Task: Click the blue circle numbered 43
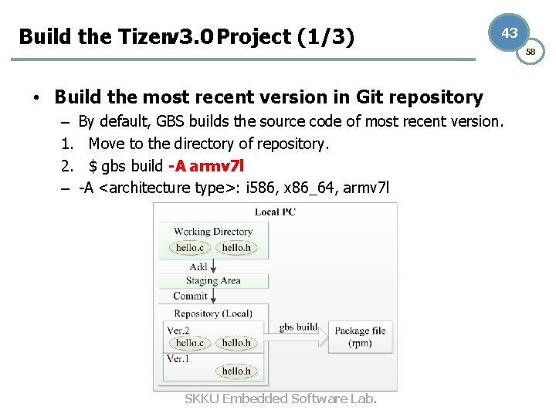point(510,33)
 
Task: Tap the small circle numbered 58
point(531,52)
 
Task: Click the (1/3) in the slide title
point(326,36)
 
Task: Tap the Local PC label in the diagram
point(275,212)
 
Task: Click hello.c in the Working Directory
point(190,247)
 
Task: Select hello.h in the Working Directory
point(236,247)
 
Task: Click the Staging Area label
point(213,281)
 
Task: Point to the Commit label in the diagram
point(190,296)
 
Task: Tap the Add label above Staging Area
point(198,266)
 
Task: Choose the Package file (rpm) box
point(360,337)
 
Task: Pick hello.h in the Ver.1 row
point(236,371)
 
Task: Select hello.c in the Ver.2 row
point(190,343)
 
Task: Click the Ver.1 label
point(178,359)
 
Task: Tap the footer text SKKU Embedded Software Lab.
point(281,398)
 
